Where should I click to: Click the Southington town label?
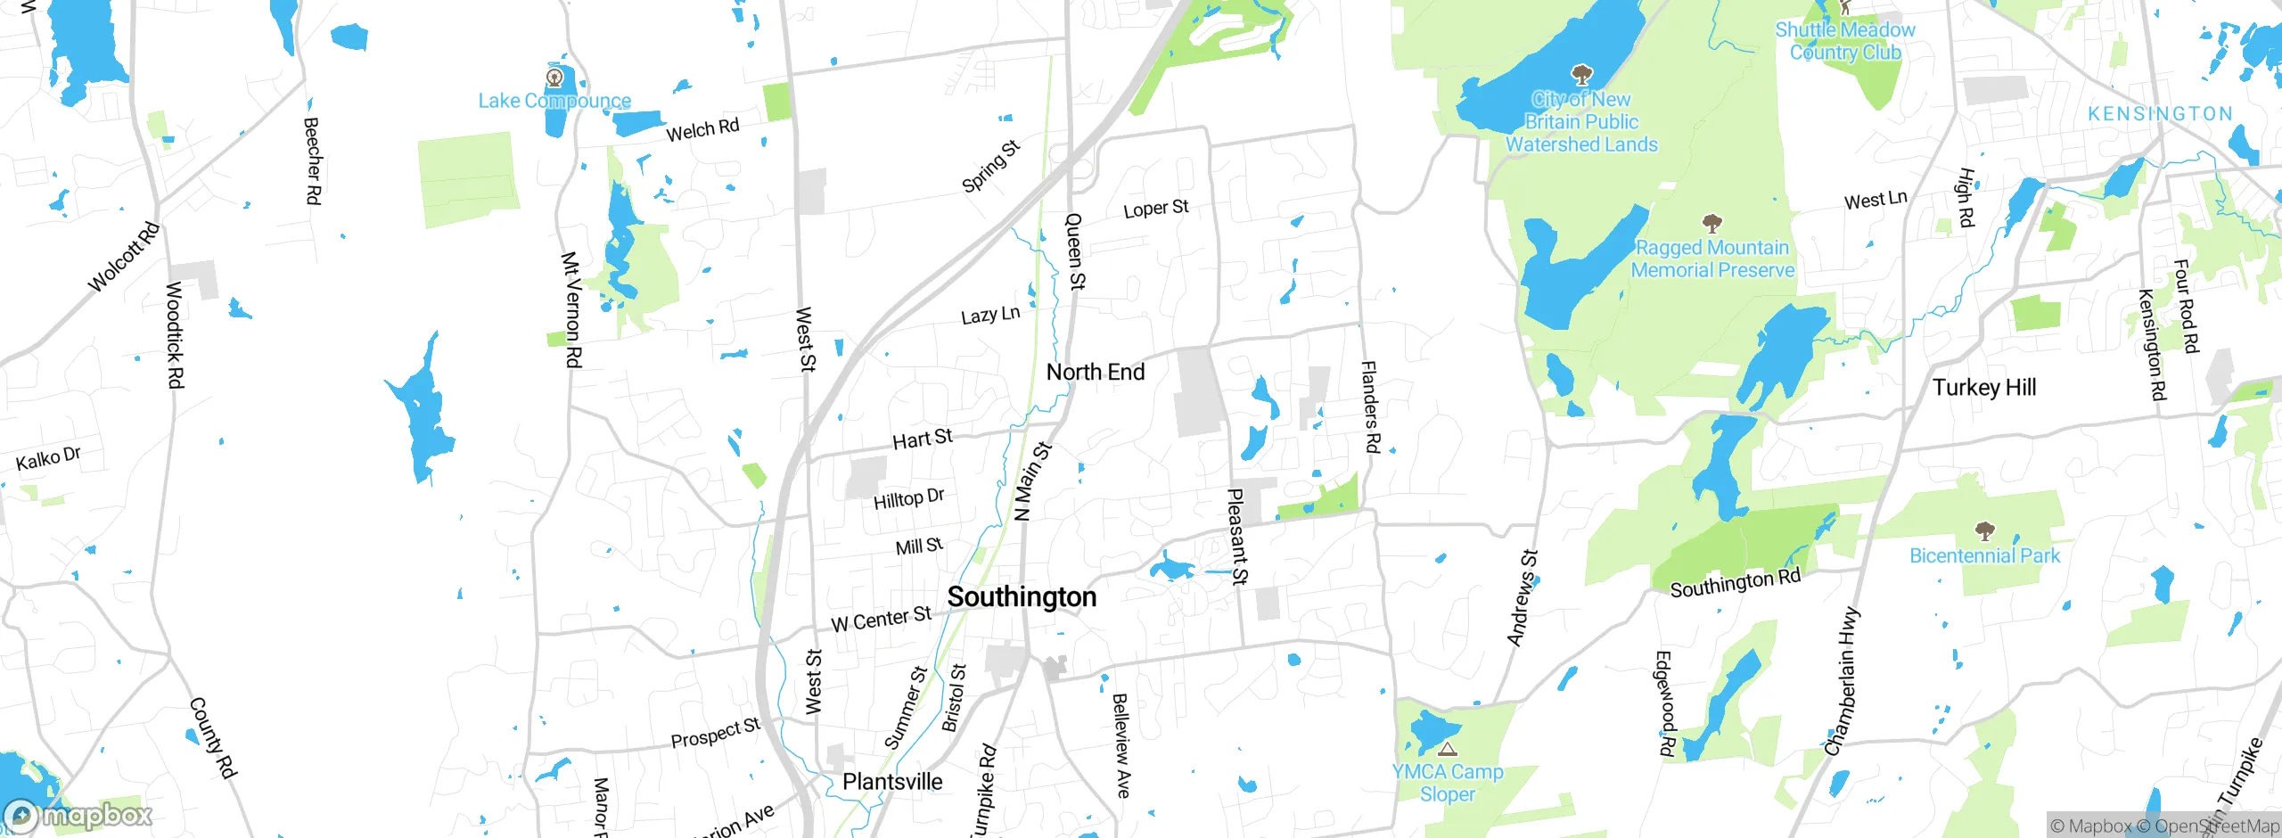1022,596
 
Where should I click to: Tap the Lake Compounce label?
554,101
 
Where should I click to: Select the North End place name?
1096,372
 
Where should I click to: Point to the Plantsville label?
892,782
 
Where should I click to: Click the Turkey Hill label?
1984,387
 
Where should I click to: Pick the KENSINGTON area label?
2160,114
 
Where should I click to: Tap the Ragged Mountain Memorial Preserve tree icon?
1711,223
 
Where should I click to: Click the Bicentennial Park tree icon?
1984,532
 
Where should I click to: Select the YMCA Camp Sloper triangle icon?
1448,749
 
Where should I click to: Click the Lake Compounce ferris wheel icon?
554,78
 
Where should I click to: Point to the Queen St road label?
1075,251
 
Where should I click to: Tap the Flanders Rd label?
1370,407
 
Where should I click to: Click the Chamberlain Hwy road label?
1843,681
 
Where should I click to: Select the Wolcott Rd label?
124,257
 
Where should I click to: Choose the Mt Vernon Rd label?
571,309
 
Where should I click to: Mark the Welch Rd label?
702,130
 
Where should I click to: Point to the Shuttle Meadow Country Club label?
1845,41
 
